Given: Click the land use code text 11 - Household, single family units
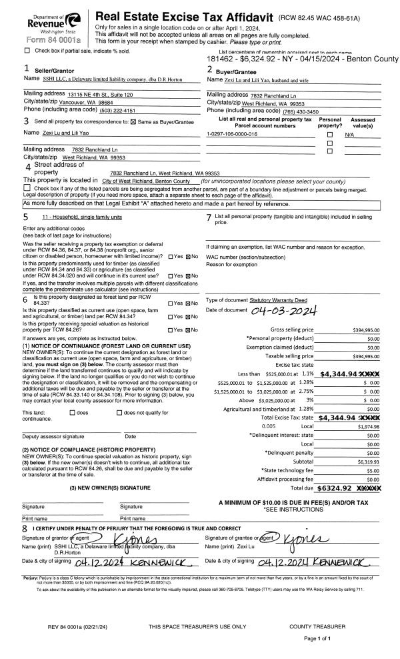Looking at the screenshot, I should coord(79,217).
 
